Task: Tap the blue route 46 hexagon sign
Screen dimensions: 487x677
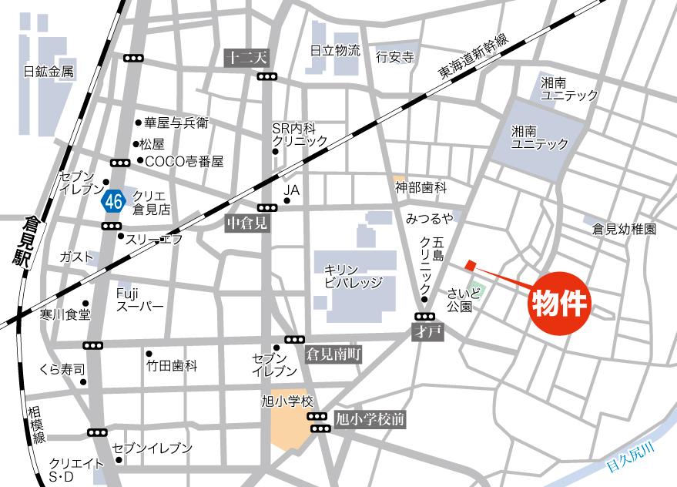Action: tap(113, 201)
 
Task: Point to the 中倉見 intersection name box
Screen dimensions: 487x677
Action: tap(245, 223)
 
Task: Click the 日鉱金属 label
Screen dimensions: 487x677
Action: tap(49, 72)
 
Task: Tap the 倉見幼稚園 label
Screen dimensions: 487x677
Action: tap(624, 229)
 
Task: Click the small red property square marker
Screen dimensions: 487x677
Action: tap(470, 266)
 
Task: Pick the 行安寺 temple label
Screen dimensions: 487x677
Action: tap(394, 56)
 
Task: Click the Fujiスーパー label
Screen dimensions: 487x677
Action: tap(139, 300)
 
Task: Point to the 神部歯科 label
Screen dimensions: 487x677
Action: tap(421, 187)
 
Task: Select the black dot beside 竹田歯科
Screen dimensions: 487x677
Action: tap(149, 354)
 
